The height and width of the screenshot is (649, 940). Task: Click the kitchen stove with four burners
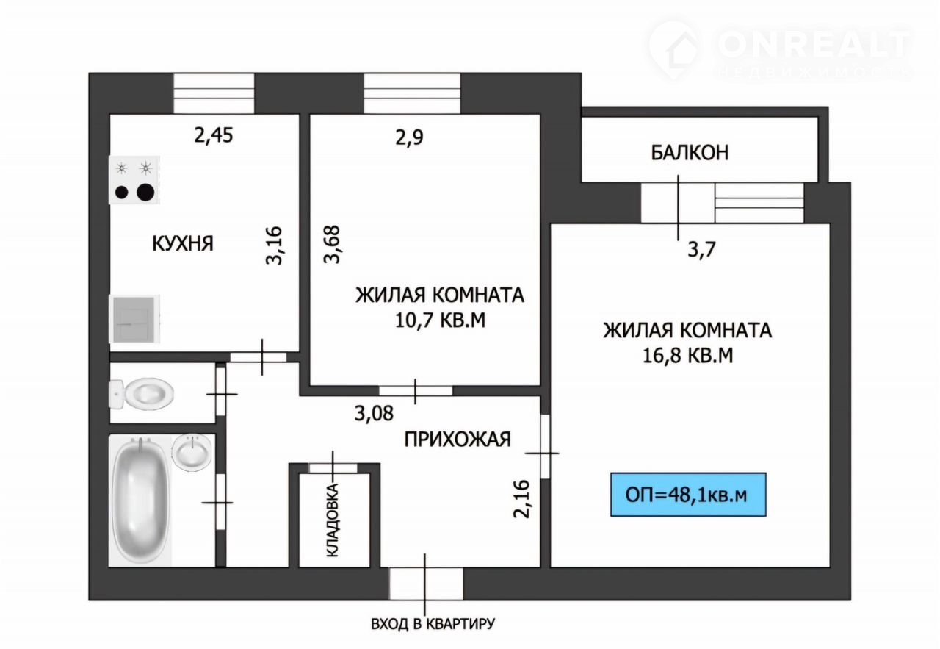tap(134, 180)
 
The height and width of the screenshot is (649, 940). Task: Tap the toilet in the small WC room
tap(141, 394)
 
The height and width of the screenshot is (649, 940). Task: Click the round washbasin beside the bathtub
tap(192, 453)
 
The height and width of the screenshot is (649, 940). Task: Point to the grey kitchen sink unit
tap(134, 319)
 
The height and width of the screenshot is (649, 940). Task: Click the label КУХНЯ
tap(183, 243)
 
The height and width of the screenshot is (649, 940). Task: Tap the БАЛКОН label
tap(690, 152)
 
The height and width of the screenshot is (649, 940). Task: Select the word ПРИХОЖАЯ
tap(458, 440)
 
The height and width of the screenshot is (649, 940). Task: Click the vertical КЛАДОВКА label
tap(333, 520)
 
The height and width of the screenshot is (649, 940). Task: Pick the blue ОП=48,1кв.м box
tap(688, 495)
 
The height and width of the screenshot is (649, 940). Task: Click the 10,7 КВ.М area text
tap(440, 320)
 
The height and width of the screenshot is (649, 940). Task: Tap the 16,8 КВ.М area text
tap(688, 356)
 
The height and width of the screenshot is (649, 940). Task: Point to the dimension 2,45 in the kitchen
tap(213, 136)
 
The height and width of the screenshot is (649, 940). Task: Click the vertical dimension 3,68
tap(331, 245)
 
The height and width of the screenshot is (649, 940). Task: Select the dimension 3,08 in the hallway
tap(374, 413)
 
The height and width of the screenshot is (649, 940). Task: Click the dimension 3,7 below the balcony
tap(701, 250)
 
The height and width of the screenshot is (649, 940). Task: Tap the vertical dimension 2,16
tap(522, 499)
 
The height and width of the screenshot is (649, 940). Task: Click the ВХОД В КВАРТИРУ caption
tap(433, 624)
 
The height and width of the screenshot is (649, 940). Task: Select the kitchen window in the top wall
tap(214, 93)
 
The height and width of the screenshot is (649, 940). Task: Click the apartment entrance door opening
tap(427, 584)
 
